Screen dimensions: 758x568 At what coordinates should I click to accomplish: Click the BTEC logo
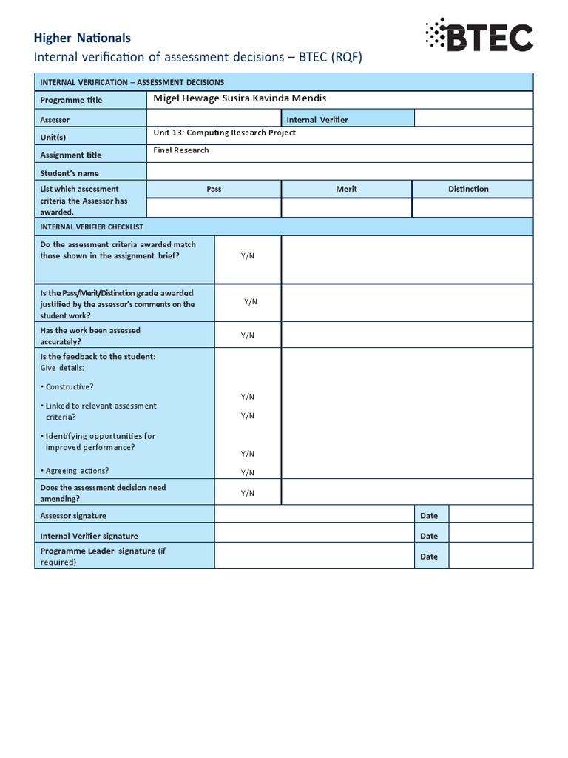[x=479, y=36]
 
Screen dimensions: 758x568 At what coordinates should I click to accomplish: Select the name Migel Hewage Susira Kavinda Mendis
[x=240, y=98]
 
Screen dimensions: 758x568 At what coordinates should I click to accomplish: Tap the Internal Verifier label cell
[x=317, y=119]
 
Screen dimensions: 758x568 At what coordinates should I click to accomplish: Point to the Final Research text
[x=181, y=150]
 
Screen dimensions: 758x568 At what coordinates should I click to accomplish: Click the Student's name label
[x=70, y=173]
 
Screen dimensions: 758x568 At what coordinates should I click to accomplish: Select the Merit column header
[x=346, y=189]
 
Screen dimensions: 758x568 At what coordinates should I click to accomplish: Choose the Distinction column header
[x=468, y=189]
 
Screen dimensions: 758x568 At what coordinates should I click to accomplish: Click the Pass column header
[x=214, y=189]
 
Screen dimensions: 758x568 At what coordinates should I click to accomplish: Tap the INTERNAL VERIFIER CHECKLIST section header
[x=92, y=227]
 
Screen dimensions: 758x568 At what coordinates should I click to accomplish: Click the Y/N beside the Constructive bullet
[x=248, y=397]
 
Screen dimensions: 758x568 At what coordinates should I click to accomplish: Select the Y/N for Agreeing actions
[x=248, y=472]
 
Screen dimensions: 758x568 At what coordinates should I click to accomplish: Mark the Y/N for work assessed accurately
[x=248, y=335]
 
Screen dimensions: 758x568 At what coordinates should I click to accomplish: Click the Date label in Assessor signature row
[x=429, y=516]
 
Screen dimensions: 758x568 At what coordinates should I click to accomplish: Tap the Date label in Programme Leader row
[x=429, y=557]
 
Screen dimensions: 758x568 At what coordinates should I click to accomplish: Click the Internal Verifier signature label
[x=89, y=536]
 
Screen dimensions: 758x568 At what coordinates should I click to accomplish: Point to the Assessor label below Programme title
[x=55, y=119]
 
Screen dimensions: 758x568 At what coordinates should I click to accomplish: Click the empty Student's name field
[x=339, y=172]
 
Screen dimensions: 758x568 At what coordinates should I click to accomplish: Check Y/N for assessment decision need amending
[x=248, y=493]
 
